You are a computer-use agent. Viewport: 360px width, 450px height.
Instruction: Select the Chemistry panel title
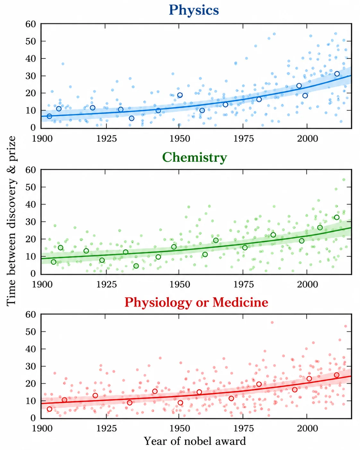click(x=194, y=158)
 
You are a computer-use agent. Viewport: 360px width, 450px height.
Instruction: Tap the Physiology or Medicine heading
click(x=196, y=303)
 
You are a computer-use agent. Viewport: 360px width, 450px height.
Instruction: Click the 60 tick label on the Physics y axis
click(x=30, y=24)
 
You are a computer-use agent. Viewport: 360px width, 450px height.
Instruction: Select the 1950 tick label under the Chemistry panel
click(x=180, y=284)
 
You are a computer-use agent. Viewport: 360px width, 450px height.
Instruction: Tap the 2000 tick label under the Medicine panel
click(x=307, y=428)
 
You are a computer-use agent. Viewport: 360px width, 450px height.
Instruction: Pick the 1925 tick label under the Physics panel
click(x=106, y=138)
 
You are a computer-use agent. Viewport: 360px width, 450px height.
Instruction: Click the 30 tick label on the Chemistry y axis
click(x=30, y=222)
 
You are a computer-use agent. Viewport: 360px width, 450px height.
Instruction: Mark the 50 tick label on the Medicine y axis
click(x=30, y=332)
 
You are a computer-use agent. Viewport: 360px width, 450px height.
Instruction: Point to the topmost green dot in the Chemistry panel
click(x=344, y=180)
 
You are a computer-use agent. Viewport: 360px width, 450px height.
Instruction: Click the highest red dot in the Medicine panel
click(x=272, y=323)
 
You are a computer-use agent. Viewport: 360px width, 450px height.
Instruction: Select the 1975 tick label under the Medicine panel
click(x=243, y=428)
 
